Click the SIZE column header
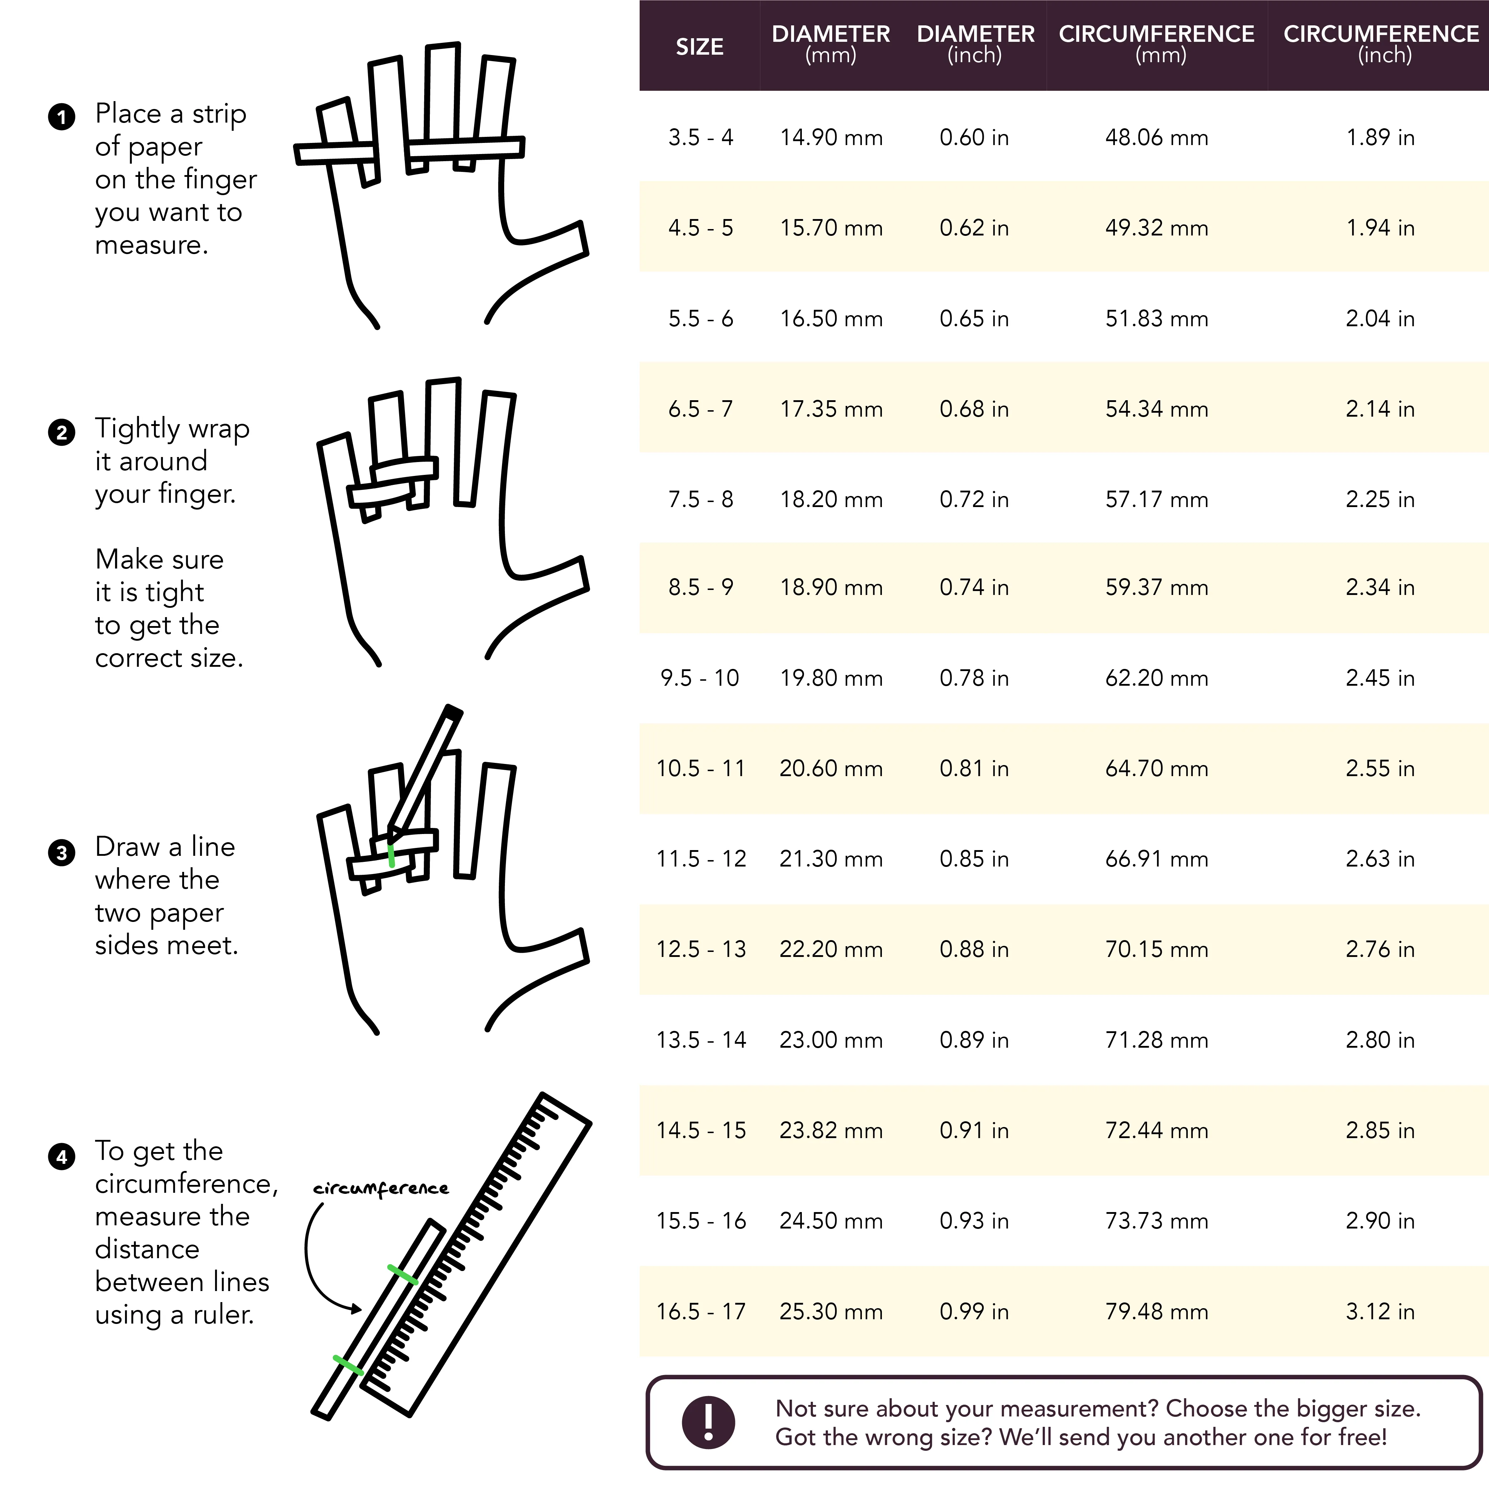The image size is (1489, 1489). click(x=699, y=47)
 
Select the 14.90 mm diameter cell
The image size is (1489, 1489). click(x=831, y=138)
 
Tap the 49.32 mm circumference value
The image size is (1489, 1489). click(x=1156, y=228)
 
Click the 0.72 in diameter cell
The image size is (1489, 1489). click(x=973, y=500)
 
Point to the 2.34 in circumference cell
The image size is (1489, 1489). click(x=1380, y=587)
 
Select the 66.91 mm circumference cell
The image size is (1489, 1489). click(x=1156, y=859)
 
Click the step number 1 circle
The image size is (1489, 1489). click(x=62, y=117)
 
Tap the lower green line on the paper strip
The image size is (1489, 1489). click(x=348, y=1365)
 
